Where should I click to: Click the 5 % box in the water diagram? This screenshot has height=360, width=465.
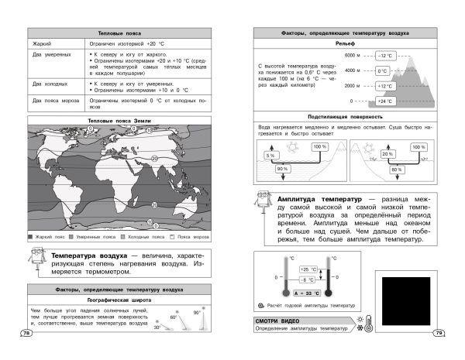pyautogui.click(x=270, y=156)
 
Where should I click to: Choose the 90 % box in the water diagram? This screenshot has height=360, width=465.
pyautogui.click(x=282, y=170)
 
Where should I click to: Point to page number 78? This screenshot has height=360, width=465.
pyautogui.click(x=26, y=333)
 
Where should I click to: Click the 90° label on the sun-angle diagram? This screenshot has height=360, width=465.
pyautogui.click(x=197, y=312)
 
